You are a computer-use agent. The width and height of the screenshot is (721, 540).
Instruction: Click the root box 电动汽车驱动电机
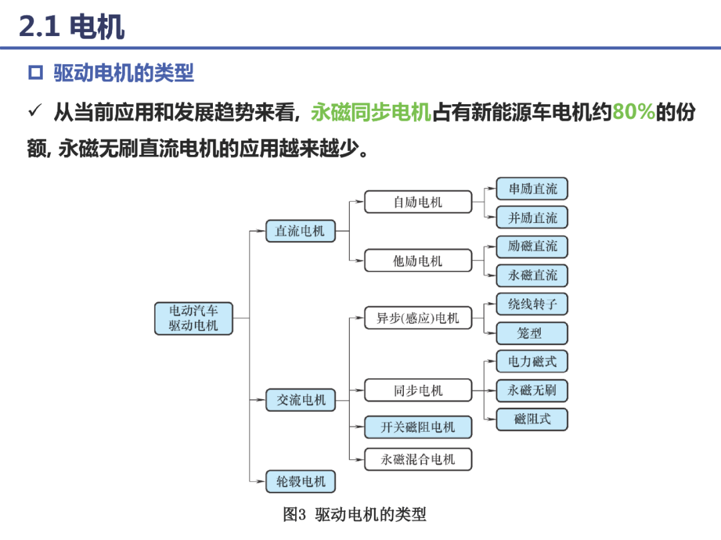coord(193,318)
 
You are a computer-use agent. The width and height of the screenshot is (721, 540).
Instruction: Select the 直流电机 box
coord(300,231)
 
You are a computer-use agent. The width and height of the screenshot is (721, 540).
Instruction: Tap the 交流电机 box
coord(301,400)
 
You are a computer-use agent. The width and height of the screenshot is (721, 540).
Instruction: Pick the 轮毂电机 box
coord(301,481)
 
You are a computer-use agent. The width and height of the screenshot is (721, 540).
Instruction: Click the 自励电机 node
coord(418,202)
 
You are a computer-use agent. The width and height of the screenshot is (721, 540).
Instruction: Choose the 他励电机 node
coord(418,260)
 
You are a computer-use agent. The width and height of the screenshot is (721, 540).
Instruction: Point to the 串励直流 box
coord(532,189)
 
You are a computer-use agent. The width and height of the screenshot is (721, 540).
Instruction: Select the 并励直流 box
coord(532,218)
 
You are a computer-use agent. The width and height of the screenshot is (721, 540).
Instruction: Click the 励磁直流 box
coord(532,246)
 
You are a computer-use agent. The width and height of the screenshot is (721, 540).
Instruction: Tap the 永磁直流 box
coord(532,275)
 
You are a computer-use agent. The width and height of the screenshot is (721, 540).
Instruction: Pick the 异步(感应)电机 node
coord(418,318)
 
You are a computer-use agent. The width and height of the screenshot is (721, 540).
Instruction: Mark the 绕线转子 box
coord(532,304)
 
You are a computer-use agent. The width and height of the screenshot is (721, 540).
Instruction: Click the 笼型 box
coord(532,333)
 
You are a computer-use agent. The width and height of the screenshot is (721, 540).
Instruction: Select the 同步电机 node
coord(418,390)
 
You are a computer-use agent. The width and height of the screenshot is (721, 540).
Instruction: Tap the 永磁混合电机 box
coord(418,459)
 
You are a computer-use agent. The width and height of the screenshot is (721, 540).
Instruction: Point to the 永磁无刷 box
coord(532,390)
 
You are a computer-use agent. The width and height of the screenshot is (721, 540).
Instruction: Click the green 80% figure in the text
coord(634,112)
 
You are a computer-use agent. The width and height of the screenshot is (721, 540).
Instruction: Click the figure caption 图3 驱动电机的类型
coord(354,515)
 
